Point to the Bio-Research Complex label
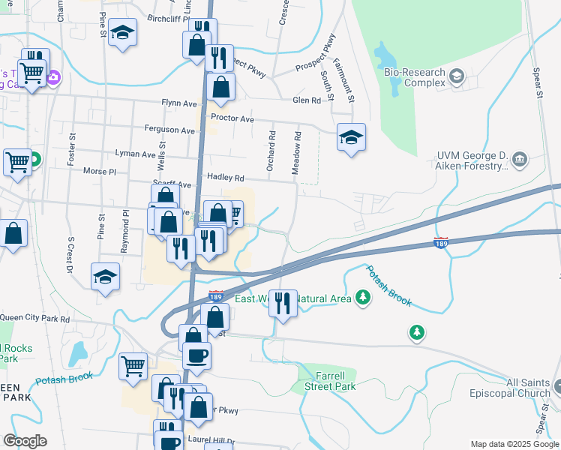point(414,77)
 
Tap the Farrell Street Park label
point(329,381)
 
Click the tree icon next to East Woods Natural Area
point(363,298)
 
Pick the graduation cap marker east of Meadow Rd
point(351,137)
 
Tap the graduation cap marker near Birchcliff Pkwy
point(122,33)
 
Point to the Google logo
point(25,441)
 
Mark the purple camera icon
point(53,76)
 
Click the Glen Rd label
point(307,100)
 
